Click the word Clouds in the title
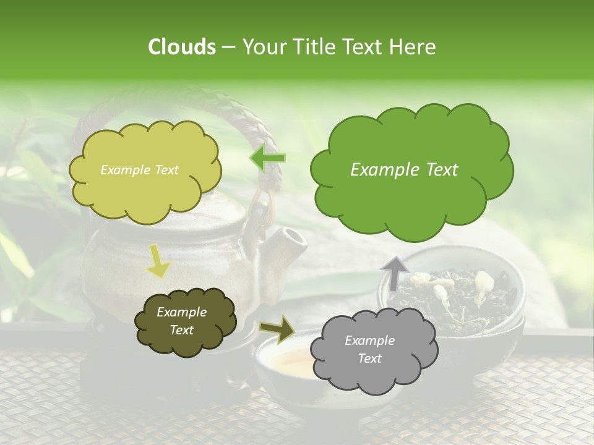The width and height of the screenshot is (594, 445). coord(181,47)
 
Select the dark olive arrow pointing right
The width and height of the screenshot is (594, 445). coord(277,329)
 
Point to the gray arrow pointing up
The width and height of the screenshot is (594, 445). coord(395,273)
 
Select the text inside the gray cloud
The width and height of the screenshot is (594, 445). coord(369,349)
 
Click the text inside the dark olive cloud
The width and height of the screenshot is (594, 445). coord(181,321)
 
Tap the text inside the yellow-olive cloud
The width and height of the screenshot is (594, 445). coord(139,170)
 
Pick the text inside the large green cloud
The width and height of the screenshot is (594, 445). coord(404,170)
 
